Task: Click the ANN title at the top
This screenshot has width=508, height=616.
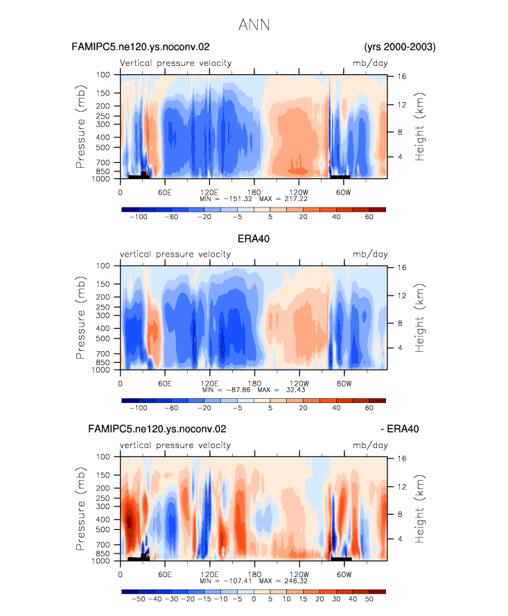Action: click(x=254, y=25)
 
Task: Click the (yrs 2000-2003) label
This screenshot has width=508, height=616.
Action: click(x=400, y=47)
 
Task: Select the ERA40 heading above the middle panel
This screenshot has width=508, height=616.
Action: click(x=254, y=239)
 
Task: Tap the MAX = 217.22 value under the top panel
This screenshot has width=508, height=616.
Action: click(x=283, y=199)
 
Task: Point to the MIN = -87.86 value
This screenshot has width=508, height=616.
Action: click(x=226, y=390)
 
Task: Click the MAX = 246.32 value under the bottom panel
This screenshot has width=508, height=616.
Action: click(x=283, y=581)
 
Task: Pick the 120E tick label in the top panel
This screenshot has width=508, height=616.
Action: click(x=209, y=192)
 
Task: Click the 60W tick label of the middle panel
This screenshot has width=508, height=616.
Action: click(x=344, y=384)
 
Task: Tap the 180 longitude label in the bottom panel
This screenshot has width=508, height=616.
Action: click(x=254, y=574)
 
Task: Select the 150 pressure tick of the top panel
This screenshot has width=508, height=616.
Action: click(x=103, y=93)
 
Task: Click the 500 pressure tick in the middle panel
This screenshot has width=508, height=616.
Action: click(x=103, y=339)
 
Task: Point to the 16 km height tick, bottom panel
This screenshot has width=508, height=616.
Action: click(x=401, y=459)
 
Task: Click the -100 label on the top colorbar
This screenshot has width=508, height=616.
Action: click(x=138, y=217)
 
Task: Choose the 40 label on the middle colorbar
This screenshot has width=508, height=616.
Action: click(x=336, y=408)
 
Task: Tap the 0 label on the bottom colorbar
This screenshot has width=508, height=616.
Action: click(x=254, y=599)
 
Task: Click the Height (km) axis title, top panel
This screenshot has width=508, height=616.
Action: click(x=419, y=126)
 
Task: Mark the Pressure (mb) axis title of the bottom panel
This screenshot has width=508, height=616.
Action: click(x=80, y=508)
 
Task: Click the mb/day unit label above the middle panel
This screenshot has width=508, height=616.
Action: click(x=370, y=254)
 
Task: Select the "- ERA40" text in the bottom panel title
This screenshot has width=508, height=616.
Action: click(x=400, y=429)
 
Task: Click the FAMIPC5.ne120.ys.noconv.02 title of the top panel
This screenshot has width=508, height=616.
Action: click(x=141, y=47)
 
